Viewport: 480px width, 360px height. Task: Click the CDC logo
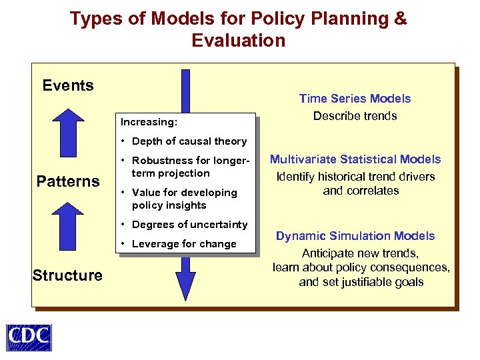click(29, 337)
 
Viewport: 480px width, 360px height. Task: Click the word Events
click(68, 85)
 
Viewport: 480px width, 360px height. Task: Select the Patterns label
click(68, 181)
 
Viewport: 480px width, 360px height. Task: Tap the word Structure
click(67, 275)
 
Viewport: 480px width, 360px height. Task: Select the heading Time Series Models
click(355, 99)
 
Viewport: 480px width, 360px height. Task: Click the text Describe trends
click(355, 116)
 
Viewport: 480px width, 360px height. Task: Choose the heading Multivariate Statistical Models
click(355, 159)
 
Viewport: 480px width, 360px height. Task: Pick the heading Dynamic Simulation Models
click(355, 236)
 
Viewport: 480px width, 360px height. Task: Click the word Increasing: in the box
click(149, 122)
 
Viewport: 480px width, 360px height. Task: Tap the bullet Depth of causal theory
click(189, 141)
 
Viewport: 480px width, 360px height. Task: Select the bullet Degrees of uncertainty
click(189, 225)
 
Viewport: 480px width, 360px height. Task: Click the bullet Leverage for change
click(183, 244)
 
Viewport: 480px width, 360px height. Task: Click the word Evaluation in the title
click(238, 41)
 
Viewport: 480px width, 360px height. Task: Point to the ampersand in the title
click(400, 19)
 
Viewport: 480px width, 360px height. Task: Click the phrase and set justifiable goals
click(361, 282)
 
